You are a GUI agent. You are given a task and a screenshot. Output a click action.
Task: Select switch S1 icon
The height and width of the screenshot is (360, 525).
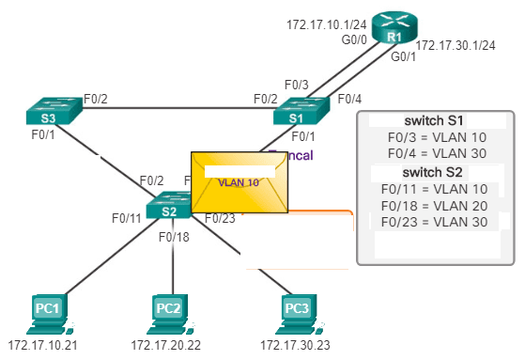(299, 116)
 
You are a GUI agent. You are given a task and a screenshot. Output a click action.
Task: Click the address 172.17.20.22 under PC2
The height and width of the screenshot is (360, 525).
(168, 345)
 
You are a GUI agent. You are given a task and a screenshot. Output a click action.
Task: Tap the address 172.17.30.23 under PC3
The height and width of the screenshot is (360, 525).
(294, 345)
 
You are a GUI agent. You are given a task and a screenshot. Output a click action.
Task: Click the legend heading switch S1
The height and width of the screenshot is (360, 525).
(435, 122)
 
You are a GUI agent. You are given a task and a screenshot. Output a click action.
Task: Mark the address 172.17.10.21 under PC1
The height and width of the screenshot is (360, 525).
(42, 345)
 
